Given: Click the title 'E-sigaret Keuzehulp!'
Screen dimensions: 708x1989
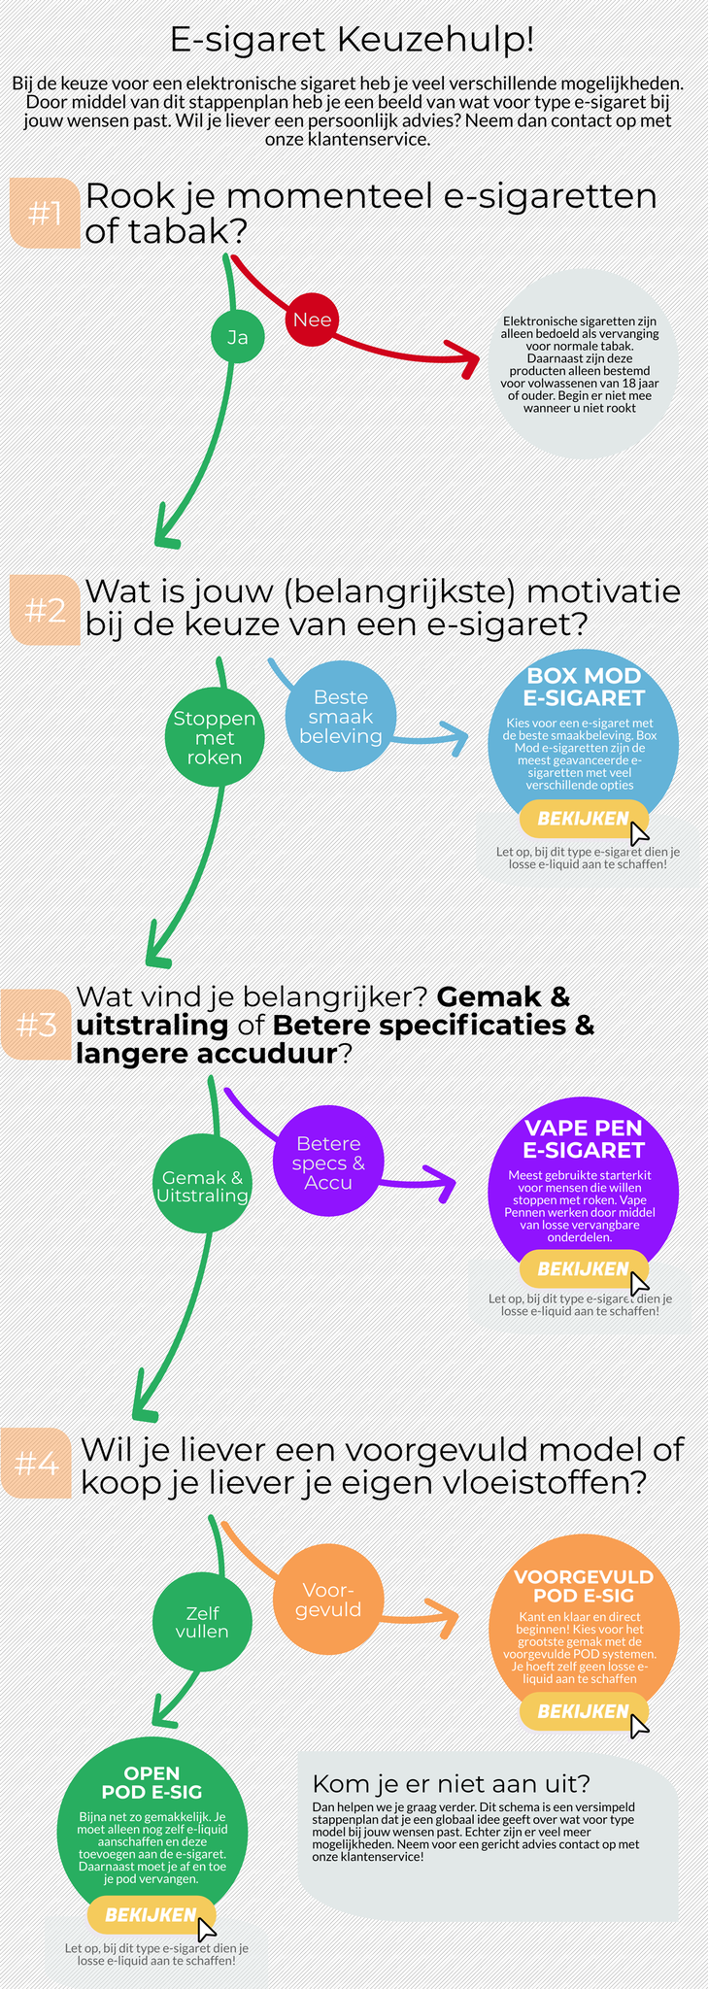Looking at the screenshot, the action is point(352,40).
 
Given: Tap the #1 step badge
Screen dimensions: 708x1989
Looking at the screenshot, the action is point(45,213).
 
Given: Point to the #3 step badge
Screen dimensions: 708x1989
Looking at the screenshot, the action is point(37,1025).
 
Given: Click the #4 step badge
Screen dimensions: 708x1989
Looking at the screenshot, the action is point(37,1463).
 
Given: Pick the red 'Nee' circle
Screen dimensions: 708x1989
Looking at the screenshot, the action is point(312,320).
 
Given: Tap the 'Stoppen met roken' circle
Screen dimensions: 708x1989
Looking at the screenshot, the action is point(215,737).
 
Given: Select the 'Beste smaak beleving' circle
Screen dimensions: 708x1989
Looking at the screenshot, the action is point(340,717).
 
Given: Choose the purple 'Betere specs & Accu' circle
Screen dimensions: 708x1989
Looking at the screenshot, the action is point(328,1163).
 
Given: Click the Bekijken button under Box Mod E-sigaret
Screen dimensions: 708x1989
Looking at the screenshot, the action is point(584,819).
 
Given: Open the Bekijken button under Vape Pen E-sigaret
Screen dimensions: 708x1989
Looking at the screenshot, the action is point(584,1268).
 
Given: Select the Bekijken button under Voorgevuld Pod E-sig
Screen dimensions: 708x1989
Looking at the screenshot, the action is point(584,1710).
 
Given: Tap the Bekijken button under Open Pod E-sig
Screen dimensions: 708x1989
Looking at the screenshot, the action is point(152,1914).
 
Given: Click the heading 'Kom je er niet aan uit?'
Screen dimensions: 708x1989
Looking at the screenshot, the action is point(451,1784).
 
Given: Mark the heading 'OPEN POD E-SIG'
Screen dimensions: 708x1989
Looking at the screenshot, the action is point(152,1782).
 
